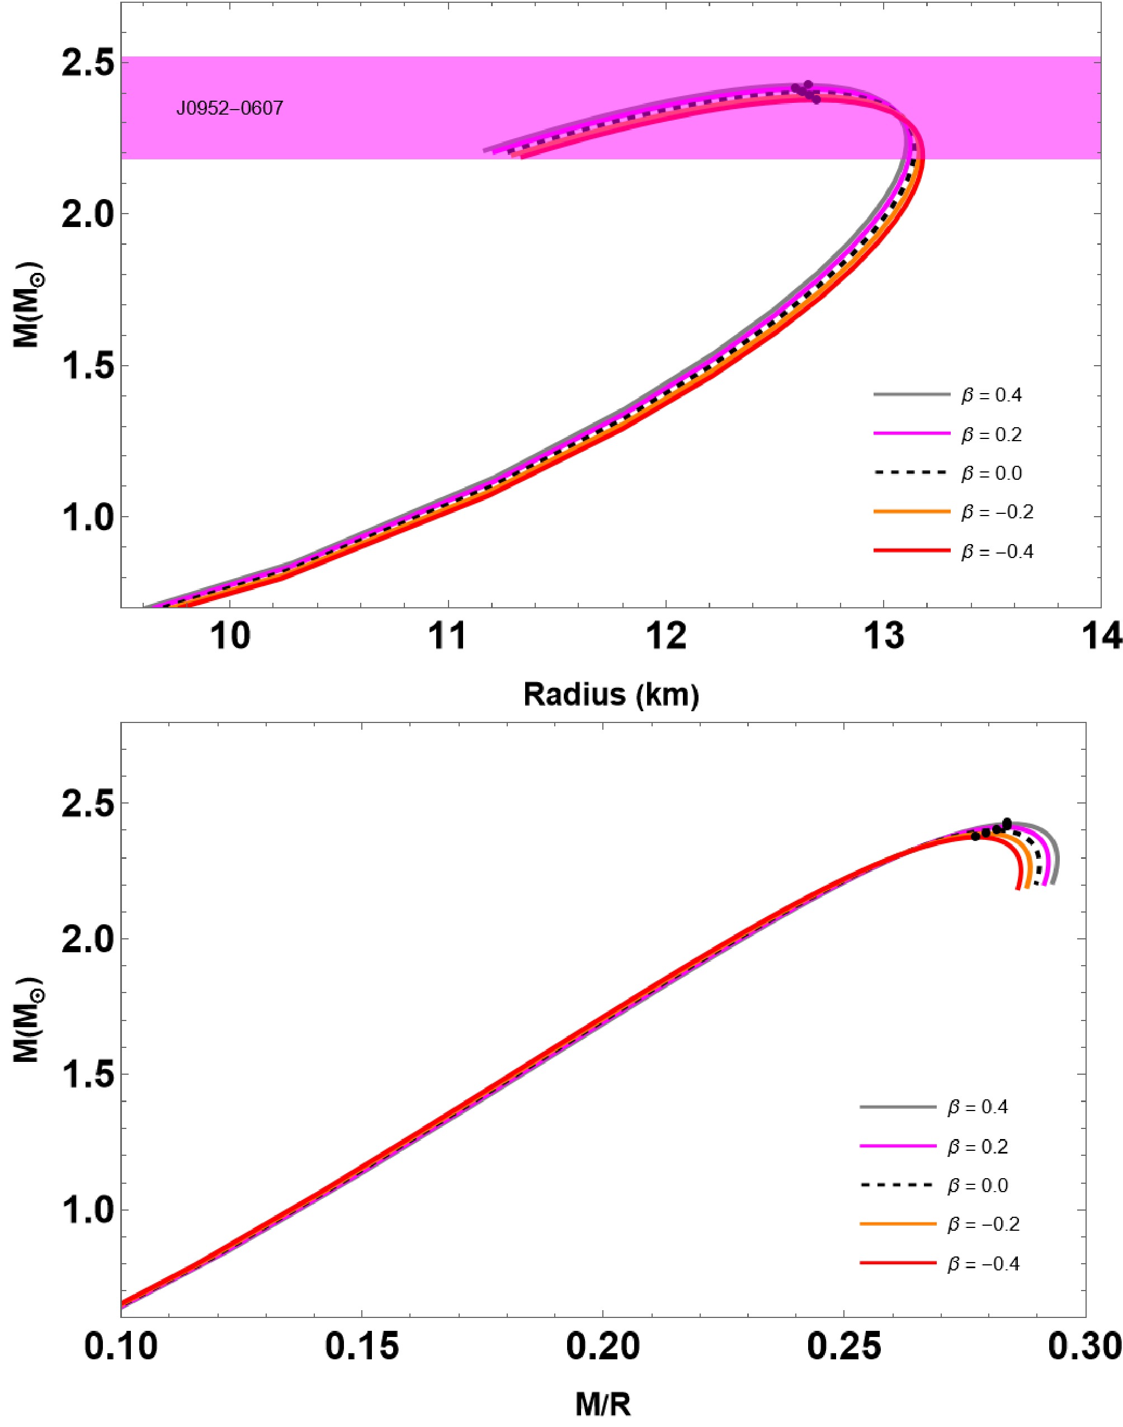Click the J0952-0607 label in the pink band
point(229,108)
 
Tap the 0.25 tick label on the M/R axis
point(843,1346)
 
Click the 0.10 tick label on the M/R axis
point(121,1346)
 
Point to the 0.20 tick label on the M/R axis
point(602,1346)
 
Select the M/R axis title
point(603,1403)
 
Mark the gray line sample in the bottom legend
point(898,1108)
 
